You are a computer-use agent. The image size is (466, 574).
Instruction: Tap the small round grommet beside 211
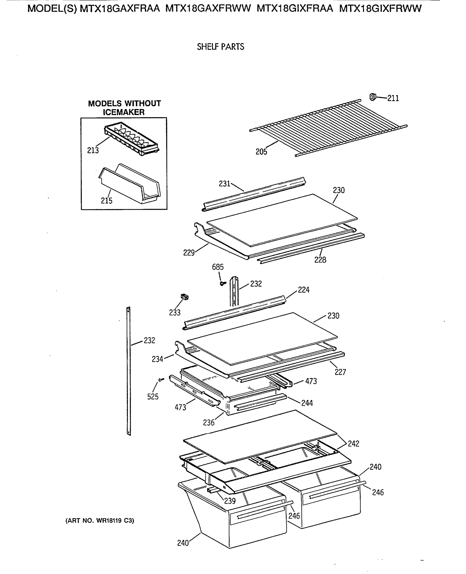click(x=373, y=97)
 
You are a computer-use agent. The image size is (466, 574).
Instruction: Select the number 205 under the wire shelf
click(x=261, y=152)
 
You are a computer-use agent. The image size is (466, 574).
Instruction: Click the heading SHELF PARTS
click(x=220, y=47)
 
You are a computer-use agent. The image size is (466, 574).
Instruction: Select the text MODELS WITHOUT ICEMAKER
click(x=124, y=108)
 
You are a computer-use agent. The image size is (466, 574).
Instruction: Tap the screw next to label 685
click(x=223, y=283)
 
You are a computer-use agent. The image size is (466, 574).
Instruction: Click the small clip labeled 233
click(x=185, y=297)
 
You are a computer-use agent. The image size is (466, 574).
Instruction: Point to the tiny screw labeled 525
click(x=161, y=380)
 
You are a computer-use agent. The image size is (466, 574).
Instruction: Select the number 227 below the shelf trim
click(x=340, y=372)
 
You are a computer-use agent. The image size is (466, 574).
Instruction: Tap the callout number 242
click(x=353, y=444)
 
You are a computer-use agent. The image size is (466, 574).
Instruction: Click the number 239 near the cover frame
click(x=230, y=501)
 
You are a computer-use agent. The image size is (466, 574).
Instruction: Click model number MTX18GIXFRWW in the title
click(x=380, y=9)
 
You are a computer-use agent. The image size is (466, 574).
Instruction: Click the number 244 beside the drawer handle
click(x=307, y=403)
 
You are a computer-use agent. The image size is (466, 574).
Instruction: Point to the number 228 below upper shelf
click(x=320, y=260)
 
